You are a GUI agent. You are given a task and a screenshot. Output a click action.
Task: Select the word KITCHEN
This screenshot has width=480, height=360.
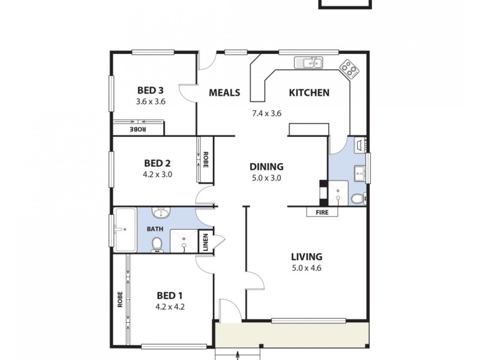tap(309, 92)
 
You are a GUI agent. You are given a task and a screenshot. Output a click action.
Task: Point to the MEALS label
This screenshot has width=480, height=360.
tap(224, 92)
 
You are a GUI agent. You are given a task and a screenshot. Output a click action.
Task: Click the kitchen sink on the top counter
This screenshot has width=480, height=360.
tap(309, 62)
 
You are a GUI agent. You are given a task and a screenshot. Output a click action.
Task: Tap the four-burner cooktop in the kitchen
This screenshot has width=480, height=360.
tap(349, 69)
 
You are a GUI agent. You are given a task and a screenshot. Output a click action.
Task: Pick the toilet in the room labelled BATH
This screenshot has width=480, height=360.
tap(157, 244)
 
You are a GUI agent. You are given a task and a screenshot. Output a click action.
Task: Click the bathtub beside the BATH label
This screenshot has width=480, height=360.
tap(125, 229)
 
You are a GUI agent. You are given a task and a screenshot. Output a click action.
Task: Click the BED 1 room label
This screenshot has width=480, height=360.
tap(170, 295)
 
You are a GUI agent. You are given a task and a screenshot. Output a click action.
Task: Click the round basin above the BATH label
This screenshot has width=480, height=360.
tap(161, 214)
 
